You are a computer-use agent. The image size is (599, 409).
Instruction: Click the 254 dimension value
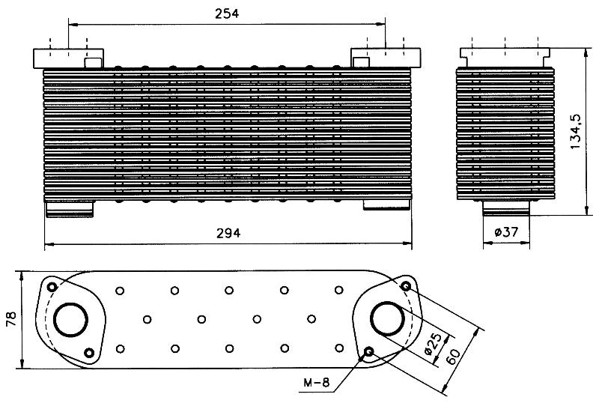click(227, 13)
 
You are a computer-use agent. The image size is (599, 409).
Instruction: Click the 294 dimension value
click(228, 233)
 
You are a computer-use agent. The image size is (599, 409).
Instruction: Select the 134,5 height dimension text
click(575, 132)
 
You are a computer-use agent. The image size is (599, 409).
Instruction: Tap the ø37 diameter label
click(506, 231)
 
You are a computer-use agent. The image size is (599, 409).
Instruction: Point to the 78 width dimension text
click(11, 319)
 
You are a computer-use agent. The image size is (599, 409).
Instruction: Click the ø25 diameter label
click(434, 343)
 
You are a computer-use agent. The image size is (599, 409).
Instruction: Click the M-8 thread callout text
click(316, 382)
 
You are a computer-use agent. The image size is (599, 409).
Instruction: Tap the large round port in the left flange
click(70, 320)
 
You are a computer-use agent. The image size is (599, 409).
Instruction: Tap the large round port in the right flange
click(387, 319)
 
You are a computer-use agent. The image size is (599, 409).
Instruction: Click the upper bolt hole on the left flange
click(52, 287)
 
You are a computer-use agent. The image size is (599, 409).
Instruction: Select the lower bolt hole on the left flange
click(89, 352)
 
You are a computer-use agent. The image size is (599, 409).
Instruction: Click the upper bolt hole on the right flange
click(406, 285)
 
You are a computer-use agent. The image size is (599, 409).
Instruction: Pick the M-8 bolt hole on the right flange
click(368, 351)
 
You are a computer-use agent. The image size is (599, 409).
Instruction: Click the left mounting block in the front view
click(69, 58)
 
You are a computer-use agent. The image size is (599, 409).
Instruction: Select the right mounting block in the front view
click(386, 58)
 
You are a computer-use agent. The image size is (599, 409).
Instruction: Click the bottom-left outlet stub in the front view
click(69, 209)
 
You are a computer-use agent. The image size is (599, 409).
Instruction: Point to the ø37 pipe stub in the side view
click(506, 208)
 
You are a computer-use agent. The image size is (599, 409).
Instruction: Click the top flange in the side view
click(505, 58)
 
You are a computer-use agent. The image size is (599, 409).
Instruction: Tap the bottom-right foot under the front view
click(386, 205)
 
